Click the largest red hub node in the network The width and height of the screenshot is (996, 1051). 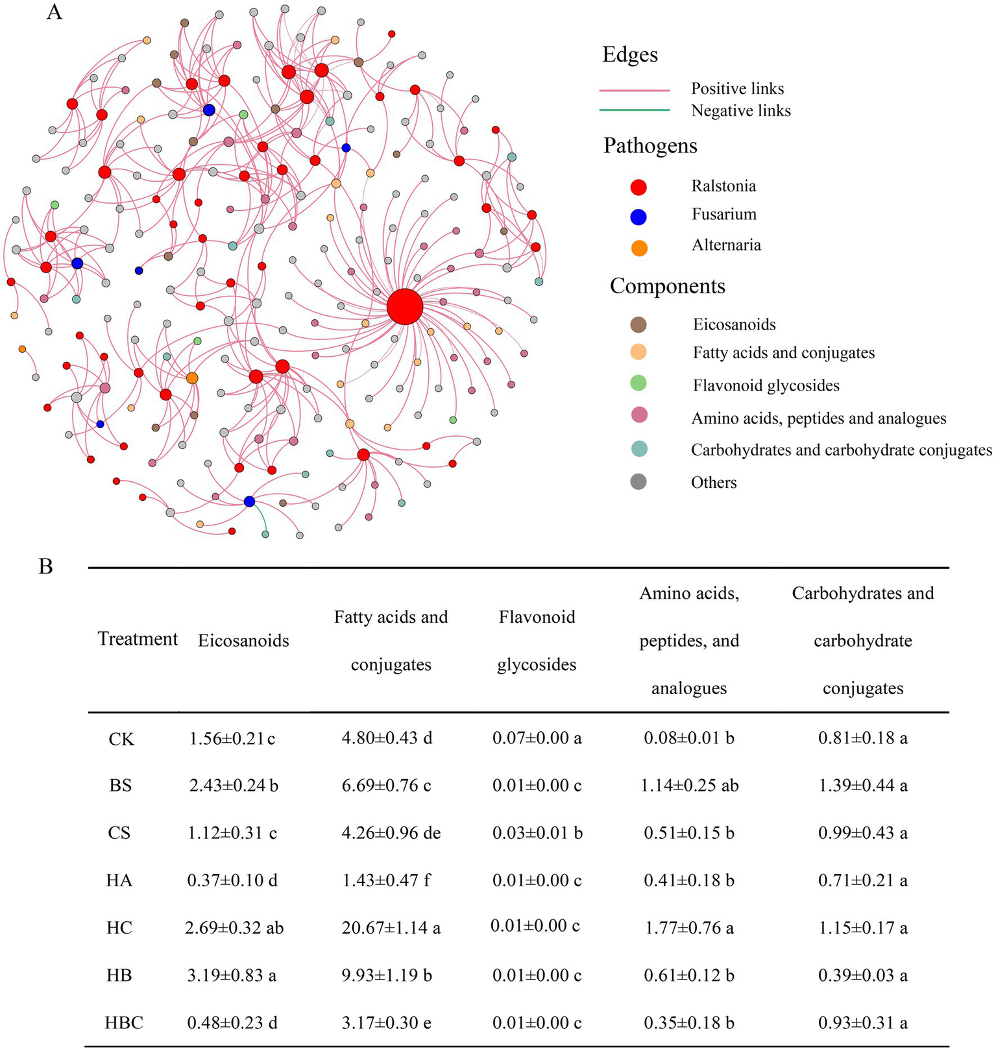[x=405, y=308]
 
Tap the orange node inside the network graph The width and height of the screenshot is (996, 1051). [x=192, y=378]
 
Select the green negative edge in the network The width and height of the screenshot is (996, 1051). [x=260, y=519]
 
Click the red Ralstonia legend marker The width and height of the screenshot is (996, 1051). [x=639, y=187]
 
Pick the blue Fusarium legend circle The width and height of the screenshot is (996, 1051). [x=639, y=217]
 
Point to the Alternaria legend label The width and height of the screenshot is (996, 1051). [x=726, y=245]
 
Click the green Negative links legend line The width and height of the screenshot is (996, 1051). [x=635, y=111]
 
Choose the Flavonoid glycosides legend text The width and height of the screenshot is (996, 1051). [x=766, y=385]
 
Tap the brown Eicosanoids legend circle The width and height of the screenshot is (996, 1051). [x=638, y=324]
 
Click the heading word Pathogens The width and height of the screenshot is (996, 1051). [x=650, y=146]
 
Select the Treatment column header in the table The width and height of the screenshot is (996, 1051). [x=138, y=639]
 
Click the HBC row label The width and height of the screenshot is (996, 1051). [x=124, y=1023]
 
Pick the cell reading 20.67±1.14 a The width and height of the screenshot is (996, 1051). [x=391, y=928]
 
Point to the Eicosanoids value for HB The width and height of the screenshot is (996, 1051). [x=232, y=976]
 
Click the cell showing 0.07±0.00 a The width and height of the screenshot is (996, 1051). [x=537, y=738]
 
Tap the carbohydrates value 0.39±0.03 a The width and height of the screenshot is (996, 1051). [x=862, y=976]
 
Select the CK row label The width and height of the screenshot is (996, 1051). [x=121, y=739]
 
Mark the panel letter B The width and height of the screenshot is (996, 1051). [x=46, y=566]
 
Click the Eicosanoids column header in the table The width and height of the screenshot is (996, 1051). [x=243, y=641]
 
